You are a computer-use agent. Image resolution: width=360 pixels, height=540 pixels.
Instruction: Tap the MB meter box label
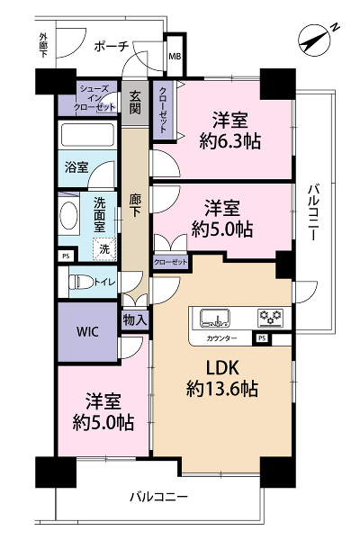pyautogui.click(x=175, y=56)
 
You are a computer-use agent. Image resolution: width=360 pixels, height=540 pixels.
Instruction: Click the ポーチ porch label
pyautogui.click(x=112, y=46)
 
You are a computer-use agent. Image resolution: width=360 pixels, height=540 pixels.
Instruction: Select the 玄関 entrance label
pyautogui.click(x=135, y=103)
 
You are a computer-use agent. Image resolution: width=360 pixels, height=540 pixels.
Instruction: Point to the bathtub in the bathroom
pyautogui.click(x=87, y=135)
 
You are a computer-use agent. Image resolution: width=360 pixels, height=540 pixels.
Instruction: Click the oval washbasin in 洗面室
pyautogui.click(x=68, y=215)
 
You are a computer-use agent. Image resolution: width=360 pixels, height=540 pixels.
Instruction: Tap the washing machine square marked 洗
pyautogui.click(x=104, y=248)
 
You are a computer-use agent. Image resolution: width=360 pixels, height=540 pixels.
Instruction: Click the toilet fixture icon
pyautogui.click(x=82, y=283)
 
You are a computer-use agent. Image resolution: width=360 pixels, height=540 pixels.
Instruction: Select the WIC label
pyautogui.click(x=87, y=332)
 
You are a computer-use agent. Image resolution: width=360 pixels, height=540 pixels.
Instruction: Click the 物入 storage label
pyautogui.click(x=135, y=320)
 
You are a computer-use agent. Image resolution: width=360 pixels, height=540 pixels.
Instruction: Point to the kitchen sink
pyautogui.click(x=215, y=319)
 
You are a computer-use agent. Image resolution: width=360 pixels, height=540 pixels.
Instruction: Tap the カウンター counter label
pyautogui.click(x=221, y=338)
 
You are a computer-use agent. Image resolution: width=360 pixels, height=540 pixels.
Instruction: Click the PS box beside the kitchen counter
pyautogui.click(x=262, y=339)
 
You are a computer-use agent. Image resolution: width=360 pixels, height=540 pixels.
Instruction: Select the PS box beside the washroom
pyautogui.click(x=66, y=256)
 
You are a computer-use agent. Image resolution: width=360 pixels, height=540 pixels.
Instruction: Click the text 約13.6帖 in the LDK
pyautogui.click(x=222, y=389)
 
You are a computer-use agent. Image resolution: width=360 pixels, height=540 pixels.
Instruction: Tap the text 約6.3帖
pyautogui.click(x=229, y=141)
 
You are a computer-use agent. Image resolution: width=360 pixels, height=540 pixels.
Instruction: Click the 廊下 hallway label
pyautogui.click(x=135, y=205)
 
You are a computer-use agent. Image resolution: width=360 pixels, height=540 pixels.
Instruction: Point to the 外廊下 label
pyautogui.click(x=43, y=45)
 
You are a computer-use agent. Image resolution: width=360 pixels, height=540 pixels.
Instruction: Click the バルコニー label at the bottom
pyautogui.click(x=158, y=497)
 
